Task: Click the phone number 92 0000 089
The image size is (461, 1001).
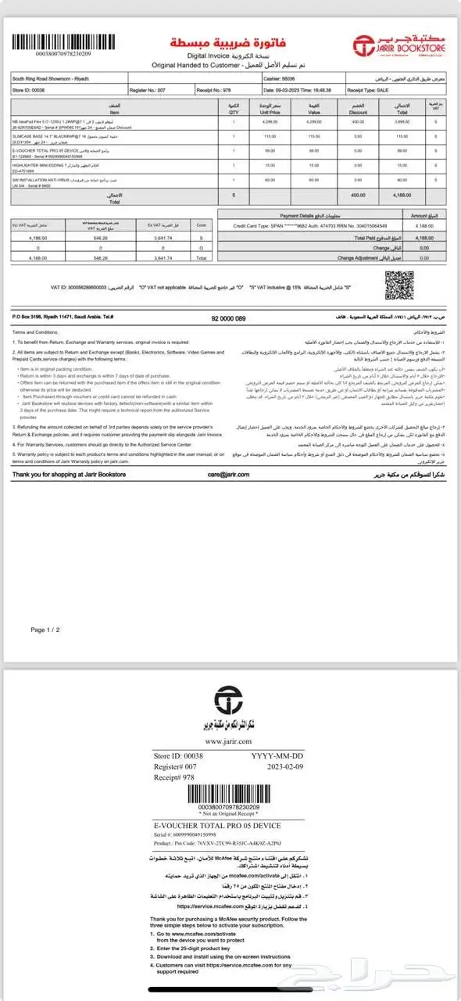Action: click(x=229, y=318)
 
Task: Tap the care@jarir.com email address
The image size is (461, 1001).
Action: click(x=228, y=475)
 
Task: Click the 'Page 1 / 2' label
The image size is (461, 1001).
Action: click(x=45, y=629)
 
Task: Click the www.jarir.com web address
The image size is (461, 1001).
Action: click(x=229, y=741)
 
